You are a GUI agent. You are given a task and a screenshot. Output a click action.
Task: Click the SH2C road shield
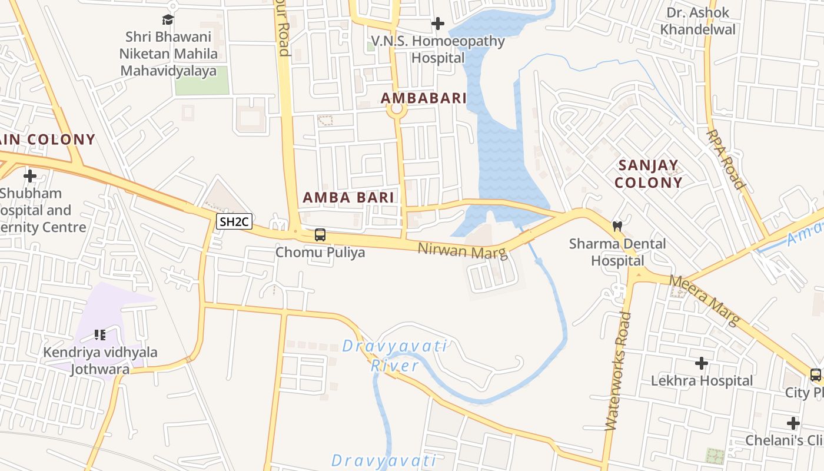point(234,222)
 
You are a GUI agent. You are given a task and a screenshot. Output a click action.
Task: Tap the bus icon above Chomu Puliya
point(320,235)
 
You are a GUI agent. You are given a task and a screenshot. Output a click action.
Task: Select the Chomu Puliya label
point(320,253)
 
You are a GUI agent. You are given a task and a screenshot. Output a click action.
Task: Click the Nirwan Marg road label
point(462,251)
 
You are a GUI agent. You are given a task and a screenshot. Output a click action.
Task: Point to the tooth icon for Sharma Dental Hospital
point(617,225)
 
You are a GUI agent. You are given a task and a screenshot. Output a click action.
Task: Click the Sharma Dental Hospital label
point(617,252)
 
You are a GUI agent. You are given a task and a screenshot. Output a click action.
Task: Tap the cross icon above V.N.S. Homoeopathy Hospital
point(437,24)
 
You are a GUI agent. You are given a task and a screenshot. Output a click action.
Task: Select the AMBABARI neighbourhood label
point(423,98)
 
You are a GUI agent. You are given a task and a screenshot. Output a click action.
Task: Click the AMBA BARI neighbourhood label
point(348,198)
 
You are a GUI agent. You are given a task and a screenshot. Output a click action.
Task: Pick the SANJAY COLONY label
point(649,174)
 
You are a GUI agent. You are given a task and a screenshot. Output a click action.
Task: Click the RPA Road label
point(726,159)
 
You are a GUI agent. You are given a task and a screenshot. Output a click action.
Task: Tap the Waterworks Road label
point(617,371)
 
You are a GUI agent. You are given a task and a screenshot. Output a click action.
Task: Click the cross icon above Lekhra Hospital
point(701,363)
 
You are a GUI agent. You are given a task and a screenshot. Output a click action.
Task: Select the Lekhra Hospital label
point(702,381)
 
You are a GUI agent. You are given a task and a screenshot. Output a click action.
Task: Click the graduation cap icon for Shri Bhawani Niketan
point(168,19)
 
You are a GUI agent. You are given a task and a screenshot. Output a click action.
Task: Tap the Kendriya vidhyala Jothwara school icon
point(100,335)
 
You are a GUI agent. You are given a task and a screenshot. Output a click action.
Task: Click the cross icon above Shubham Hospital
point(30,175)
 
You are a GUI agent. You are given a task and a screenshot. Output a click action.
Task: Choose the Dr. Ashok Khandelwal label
point(697,21)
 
